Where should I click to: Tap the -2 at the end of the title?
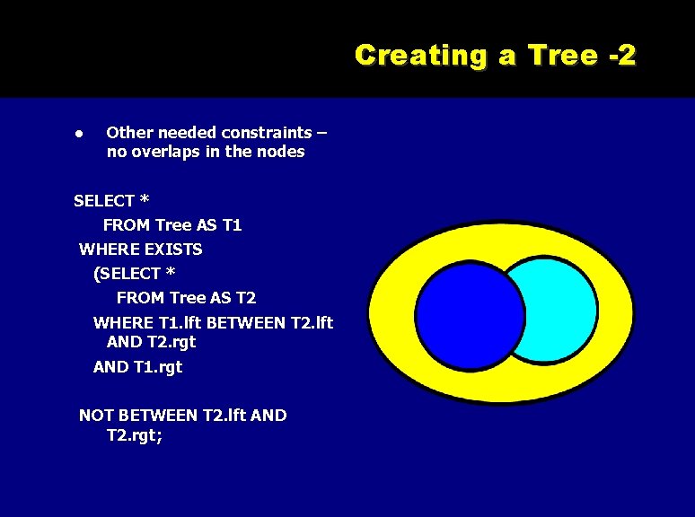click(620, 56)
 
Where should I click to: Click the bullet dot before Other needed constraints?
click(79, 133)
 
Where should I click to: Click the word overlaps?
click(166, 152)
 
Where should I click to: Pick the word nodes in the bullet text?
click(281, 152)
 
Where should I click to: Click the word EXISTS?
click(174, 249)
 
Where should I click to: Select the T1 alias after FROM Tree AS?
click(232, 224)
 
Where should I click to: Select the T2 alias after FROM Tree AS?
click(246, 297)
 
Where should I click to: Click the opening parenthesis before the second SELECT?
click(97, 273)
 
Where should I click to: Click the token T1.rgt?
click(157, 366)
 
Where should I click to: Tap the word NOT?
click(97, 415)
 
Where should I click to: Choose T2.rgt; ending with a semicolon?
click(135, 435)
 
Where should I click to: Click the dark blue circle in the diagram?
click(467, 314)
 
